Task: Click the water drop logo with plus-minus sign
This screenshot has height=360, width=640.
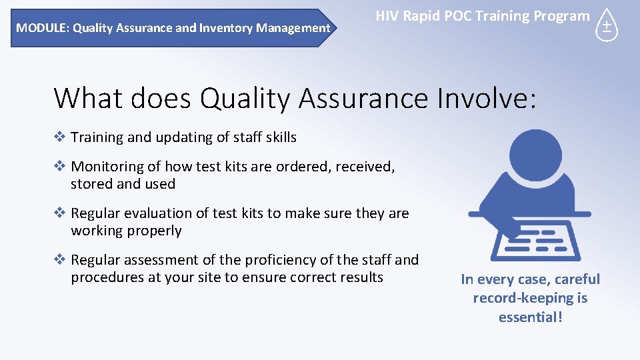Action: point(606,26)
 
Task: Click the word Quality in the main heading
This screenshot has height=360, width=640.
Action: point(246,98)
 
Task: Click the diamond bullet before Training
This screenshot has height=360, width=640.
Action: point(60,137)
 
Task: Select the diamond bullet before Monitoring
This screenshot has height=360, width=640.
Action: point(60,167)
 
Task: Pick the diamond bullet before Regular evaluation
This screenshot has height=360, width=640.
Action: point(60,213)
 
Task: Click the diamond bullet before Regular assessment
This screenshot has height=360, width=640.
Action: point(60,260)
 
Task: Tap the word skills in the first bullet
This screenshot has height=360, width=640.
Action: point(279,137)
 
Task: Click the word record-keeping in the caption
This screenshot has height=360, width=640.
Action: point(523,298)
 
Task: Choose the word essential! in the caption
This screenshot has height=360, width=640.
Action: point(530,317)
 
